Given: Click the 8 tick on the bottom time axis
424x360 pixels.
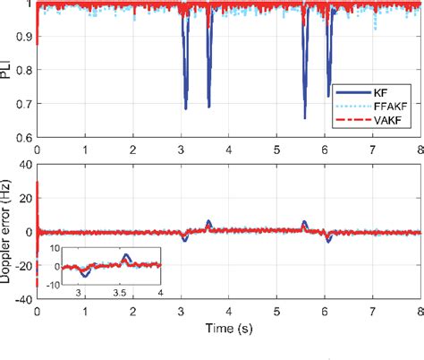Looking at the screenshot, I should coord(420,313).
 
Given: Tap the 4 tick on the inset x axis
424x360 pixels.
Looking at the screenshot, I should coord(159,293).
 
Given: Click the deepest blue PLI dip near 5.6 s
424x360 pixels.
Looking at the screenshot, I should coord(305,117).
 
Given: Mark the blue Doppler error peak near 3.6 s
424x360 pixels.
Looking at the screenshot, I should coord(209,221).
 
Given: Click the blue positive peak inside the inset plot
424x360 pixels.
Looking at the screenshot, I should coord(125,257).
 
